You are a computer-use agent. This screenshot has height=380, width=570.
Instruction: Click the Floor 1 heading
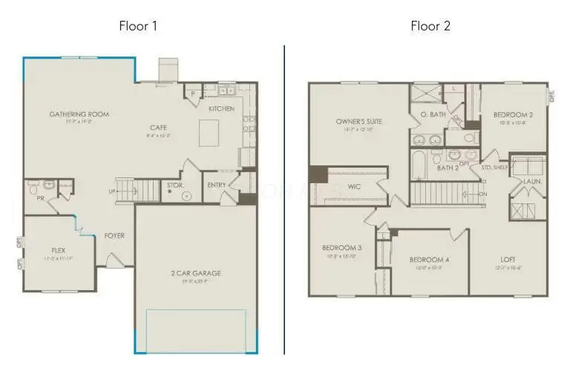(138, 26)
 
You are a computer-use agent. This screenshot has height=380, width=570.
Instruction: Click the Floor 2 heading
(430, 26)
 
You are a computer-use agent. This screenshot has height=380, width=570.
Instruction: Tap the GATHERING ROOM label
(79, 114)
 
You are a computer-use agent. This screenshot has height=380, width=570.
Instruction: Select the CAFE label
(159, 128)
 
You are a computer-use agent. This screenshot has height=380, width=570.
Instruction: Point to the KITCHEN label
(221, 109)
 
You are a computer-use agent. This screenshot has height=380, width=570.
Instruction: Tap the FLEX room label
(59, 251)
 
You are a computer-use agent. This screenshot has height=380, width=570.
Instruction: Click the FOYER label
(114, 236)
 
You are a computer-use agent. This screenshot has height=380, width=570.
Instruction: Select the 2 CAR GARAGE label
(196, 273)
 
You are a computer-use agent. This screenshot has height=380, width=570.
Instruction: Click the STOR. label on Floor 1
(175, 185)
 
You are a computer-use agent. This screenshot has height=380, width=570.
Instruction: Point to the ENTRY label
(217, 185)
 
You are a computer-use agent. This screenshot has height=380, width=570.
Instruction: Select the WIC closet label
(354, 186)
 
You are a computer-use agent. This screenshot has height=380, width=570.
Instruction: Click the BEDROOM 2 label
(514, 115)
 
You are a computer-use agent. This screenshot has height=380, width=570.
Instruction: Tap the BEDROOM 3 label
(341, 248)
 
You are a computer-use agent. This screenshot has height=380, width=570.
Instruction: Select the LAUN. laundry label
(532, 181)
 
